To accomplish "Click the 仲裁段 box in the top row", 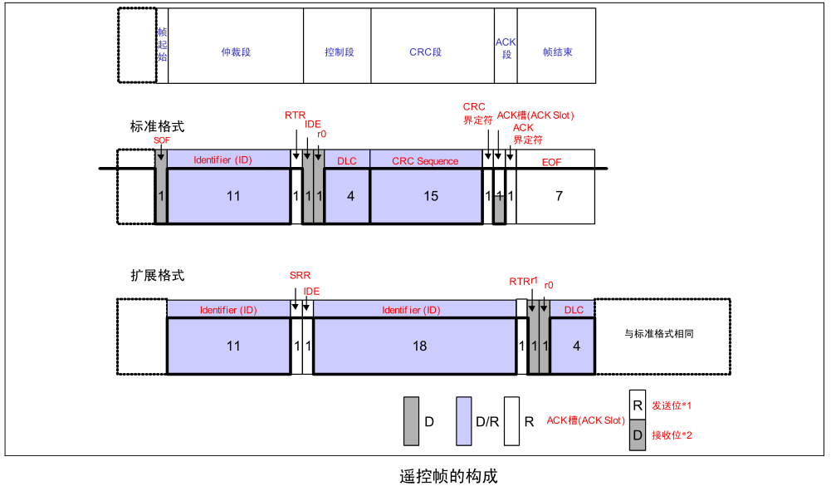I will point(236,52).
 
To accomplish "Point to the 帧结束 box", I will point(557,52).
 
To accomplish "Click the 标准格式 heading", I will point(157,127).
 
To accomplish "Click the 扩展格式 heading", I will point(157,275).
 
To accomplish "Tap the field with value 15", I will point(426,196).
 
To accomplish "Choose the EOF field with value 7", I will point(559,196).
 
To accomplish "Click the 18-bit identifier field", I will point(419,346).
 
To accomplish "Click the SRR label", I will point(300,276).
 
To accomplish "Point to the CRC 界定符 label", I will point(474,113).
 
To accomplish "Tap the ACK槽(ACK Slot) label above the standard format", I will point(535,115).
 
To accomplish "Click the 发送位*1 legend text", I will point(672,405).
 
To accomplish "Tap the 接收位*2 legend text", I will point(672,435).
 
